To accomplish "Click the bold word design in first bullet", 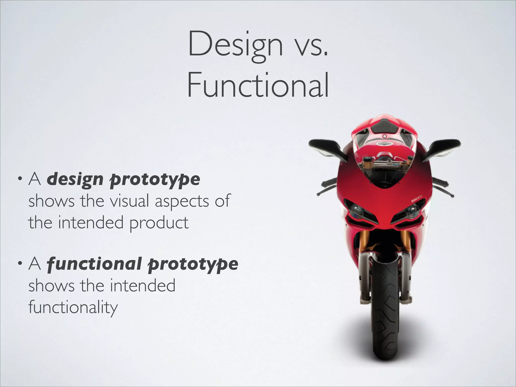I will point(75,179).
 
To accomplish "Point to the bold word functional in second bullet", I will point(94,264).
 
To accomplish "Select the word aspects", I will point(182,201).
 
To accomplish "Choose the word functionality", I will point(73,307).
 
